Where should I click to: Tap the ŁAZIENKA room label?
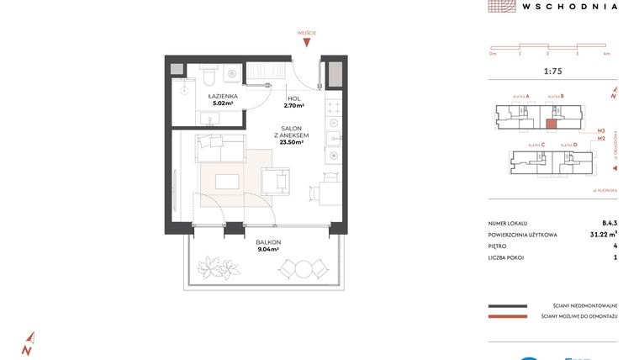pos(224,97)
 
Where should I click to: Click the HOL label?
pos(293,98)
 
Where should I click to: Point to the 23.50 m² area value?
pos(292,142)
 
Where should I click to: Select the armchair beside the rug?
pos(275,180)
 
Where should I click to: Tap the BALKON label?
pos(268,241)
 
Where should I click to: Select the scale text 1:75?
pos(553,71)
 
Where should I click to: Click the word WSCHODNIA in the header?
pos(569,6)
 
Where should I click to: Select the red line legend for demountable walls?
pos(507,317)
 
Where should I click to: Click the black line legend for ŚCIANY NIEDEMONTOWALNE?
pos(507,306)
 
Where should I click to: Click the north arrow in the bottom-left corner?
pos(27,343)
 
